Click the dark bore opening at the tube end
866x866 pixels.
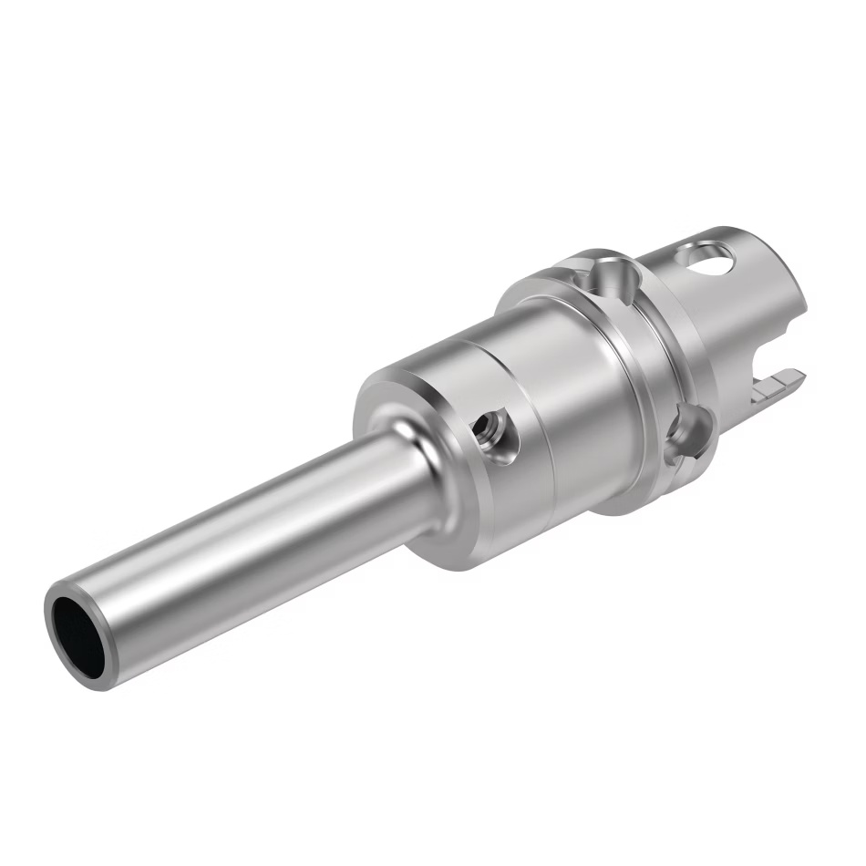[78, 631]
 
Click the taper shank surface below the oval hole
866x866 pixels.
[720, 319]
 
